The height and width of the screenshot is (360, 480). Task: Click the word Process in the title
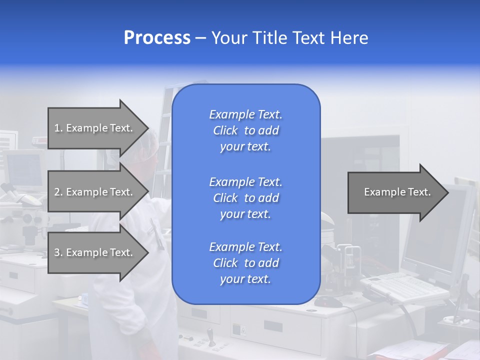pos(157,38)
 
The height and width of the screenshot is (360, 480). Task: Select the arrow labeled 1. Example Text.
pos(97,128)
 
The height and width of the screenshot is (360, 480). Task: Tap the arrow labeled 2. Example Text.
pos(97,192)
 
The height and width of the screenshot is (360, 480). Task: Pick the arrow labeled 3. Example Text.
pos(97,252)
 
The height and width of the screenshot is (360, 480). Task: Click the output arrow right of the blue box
pos(397,192)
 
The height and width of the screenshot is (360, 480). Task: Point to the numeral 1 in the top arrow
pos(57,128)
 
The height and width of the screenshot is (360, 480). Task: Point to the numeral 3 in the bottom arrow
pos(57,252)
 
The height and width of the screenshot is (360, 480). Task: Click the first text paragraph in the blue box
pos(245,130)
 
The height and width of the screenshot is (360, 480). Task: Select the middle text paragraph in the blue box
pos(245,197)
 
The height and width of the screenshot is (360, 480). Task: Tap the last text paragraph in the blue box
pos(245,263)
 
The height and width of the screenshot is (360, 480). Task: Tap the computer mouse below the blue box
pos(328,302)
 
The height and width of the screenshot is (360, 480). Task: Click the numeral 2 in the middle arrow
pos(57,192)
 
